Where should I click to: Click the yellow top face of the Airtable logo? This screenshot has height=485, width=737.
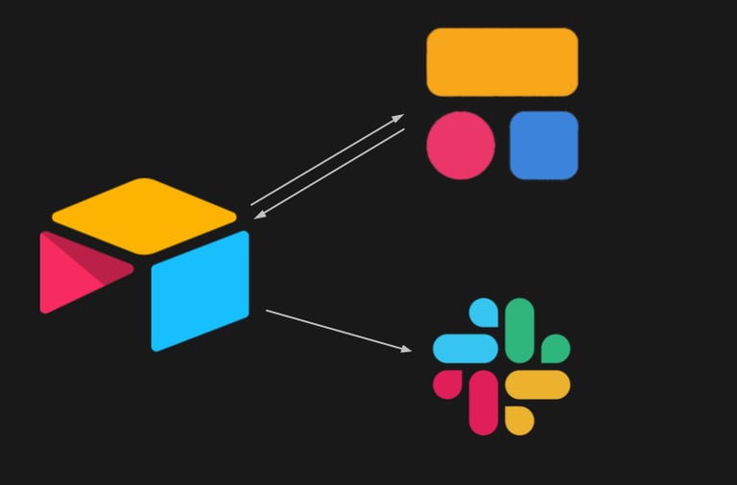pyautogui.click(x=144, y=215)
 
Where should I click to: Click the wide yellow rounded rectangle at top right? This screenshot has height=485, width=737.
pyautogui.click(x=502, y=62)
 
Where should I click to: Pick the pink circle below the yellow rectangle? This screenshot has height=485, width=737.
pyautogui.click(x=461, y=146)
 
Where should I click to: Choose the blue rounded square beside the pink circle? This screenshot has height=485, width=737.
pyautogui.click(x=543, y=146)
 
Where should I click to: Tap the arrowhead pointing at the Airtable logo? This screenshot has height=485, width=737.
pyautogui.click(x=260, y=215)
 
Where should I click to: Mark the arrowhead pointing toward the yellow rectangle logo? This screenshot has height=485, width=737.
pyautogui.click(x=398, y=118)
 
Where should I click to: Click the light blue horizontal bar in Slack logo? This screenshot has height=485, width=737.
pyautogui.click(x=465, y=348)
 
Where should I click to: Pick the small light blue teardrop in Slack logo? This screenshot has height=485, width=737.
pyautogui.click(x=485, y=312)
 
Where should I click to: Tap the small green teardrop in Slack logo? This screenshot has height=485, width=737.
pyautogui.click(x=556, y=348)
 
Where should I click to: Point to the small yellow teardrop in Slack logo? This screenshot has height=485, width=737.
pyautogui.click(x=518, y=420)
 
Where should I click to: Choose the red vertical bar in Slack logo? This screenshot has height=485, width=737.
pyautogui.click(x=484, y=402)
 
